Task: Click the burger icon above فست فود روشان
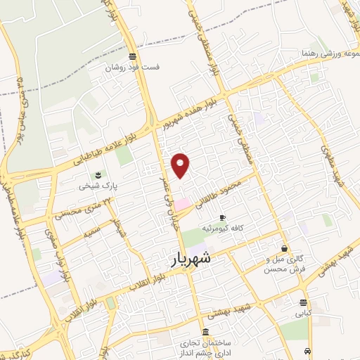[x=133, y=57]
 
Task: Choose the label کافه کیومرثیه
[x=223, y=229]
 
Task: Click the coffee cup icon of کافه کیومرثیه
[x=223, y=217]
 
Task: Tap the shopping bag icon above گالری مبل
[x=284, y=248]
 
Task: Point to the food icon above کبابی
[x=303, y=302]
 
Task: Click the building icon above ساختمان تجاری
[x=205, y=332]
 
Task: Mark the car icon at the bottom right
[x=308, y=350]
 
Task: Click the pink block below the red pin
[x=182, y=204]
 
